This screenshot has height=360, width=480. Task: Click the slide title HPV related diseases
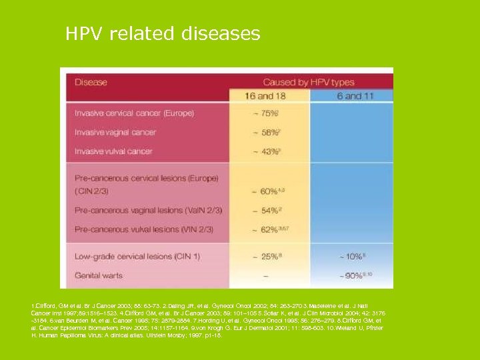tap(163, 33)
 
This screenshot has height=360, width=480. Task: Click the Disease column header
tap(91, 83)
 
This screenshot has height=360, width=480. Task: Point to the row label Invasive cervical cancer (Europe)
tap(135, 113)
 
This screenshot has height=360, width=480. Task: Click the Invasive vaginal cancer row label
tap(115, 132)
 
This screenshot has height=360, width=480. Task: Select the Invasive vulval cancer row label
tap(113, 151)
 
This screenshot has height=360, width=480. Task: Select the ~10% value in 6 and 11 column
tap(352, 257)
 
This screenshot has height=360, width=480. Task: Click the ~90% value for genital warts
tap(352, 275)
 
